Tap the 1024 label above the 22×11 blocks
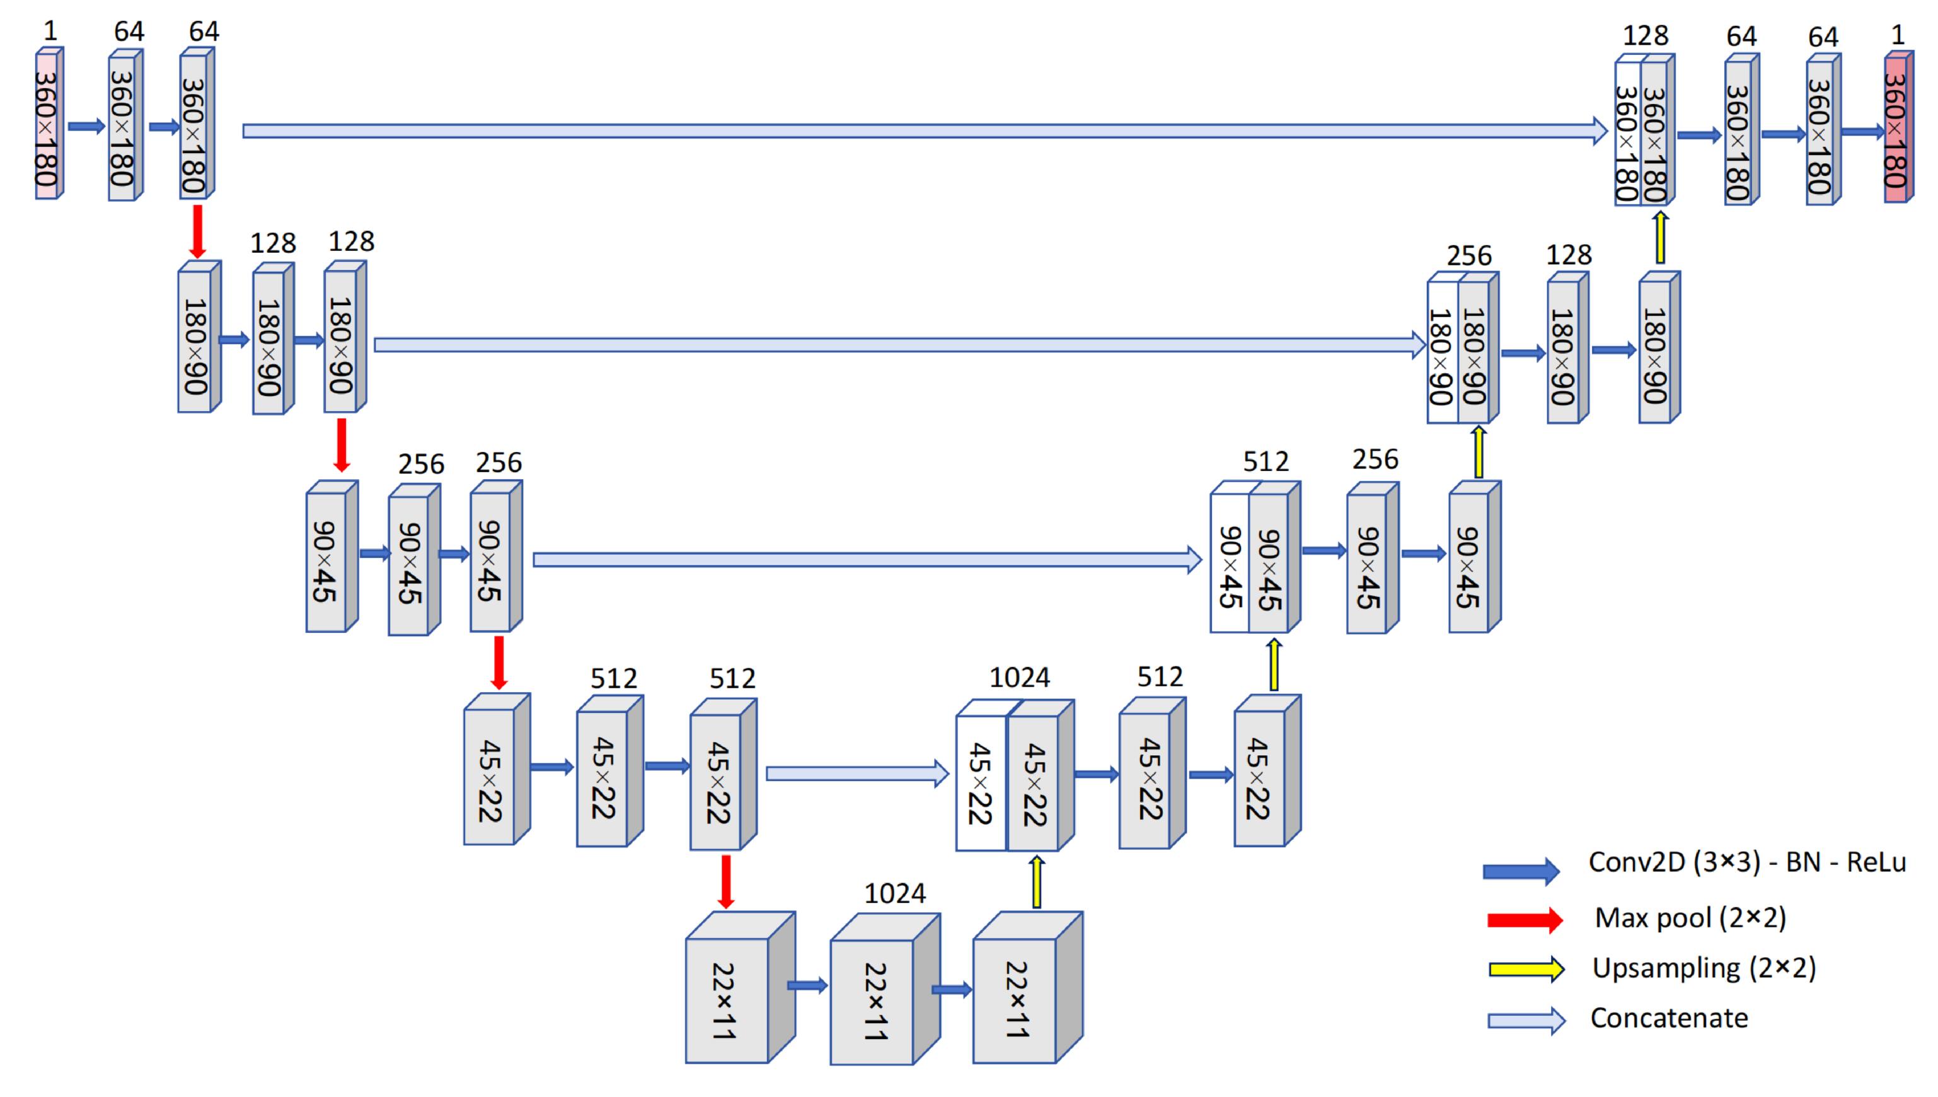(x=894, y=893)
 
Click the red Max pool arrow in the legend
(x=1525, y=919)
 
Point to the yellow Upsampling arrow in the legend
(x=1526, y=969)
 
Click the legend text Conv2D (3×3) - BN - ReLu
(x=1748, y=862)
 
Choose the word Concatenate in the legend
(x=1669, y=1018)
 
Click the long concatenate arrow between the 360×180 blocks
(x=925, y=131)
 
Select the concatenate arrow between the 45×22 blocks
(x=857, y=774)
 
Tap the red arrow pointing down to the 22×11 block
(x=725, y=881)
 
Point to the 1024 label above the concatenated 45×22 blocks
(x=1019, y=678)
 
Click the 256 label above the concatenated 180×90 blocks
(x=1468, y=256)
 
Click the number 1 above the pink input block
(x=50, y=31)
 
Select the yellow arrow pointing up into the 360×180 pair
(x=1659, y=237)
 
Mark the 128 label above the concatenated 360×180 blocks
(x=1646, y=35)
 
